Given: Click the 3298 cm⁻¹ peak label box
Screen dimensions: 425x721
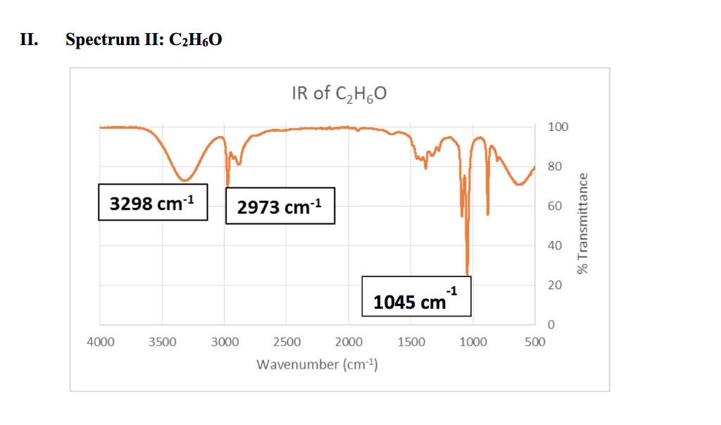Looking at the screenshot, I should (152, 203).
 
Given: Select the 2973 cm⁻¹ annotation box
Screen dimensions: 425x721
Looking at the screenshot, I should (280, 206).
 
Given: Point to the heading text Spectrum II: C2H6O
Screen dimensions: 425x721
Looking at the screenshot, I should (144, 39).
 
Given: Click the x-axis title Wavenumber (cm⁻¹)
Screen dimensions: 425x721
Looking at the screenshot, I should (318, 364).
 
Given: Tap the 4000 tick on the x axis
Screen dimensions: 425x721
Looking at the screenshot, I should (100, 343).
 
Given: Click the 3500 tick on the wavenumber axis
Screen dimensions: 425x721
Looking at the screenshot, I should (162, 343).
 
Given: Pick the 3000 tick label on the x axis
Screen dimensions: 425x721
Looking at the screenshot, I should (225, 343).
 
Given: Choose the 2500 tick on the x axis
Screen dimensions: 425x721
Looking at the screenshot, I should (287, 343).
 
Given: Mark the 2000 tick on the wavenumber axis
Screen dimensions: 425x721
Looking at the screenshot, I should (349, 343).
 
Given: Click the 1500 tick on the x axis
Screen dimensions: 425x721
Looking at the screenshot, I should (411, 343).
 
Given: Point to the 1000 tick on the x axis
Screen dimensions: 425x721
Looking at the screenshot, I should (473, 343).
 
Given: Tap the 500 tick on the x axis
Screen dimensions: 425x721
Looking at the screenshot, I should (535, 343).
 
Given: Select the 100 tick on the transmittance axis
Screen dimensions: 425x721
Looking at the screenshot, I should (557, 128).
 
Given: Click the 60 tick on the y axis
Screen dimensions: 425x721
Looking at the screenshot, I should (554, 207).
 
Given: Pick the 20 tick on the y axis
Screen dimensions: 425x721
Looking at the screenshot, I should (554, 285).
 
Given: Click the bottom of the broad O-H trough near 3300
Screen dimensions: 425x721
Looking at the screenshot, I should (184, 180).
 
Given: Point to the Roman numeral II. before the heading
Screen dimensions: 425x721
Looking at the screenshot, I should (29, 39).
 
